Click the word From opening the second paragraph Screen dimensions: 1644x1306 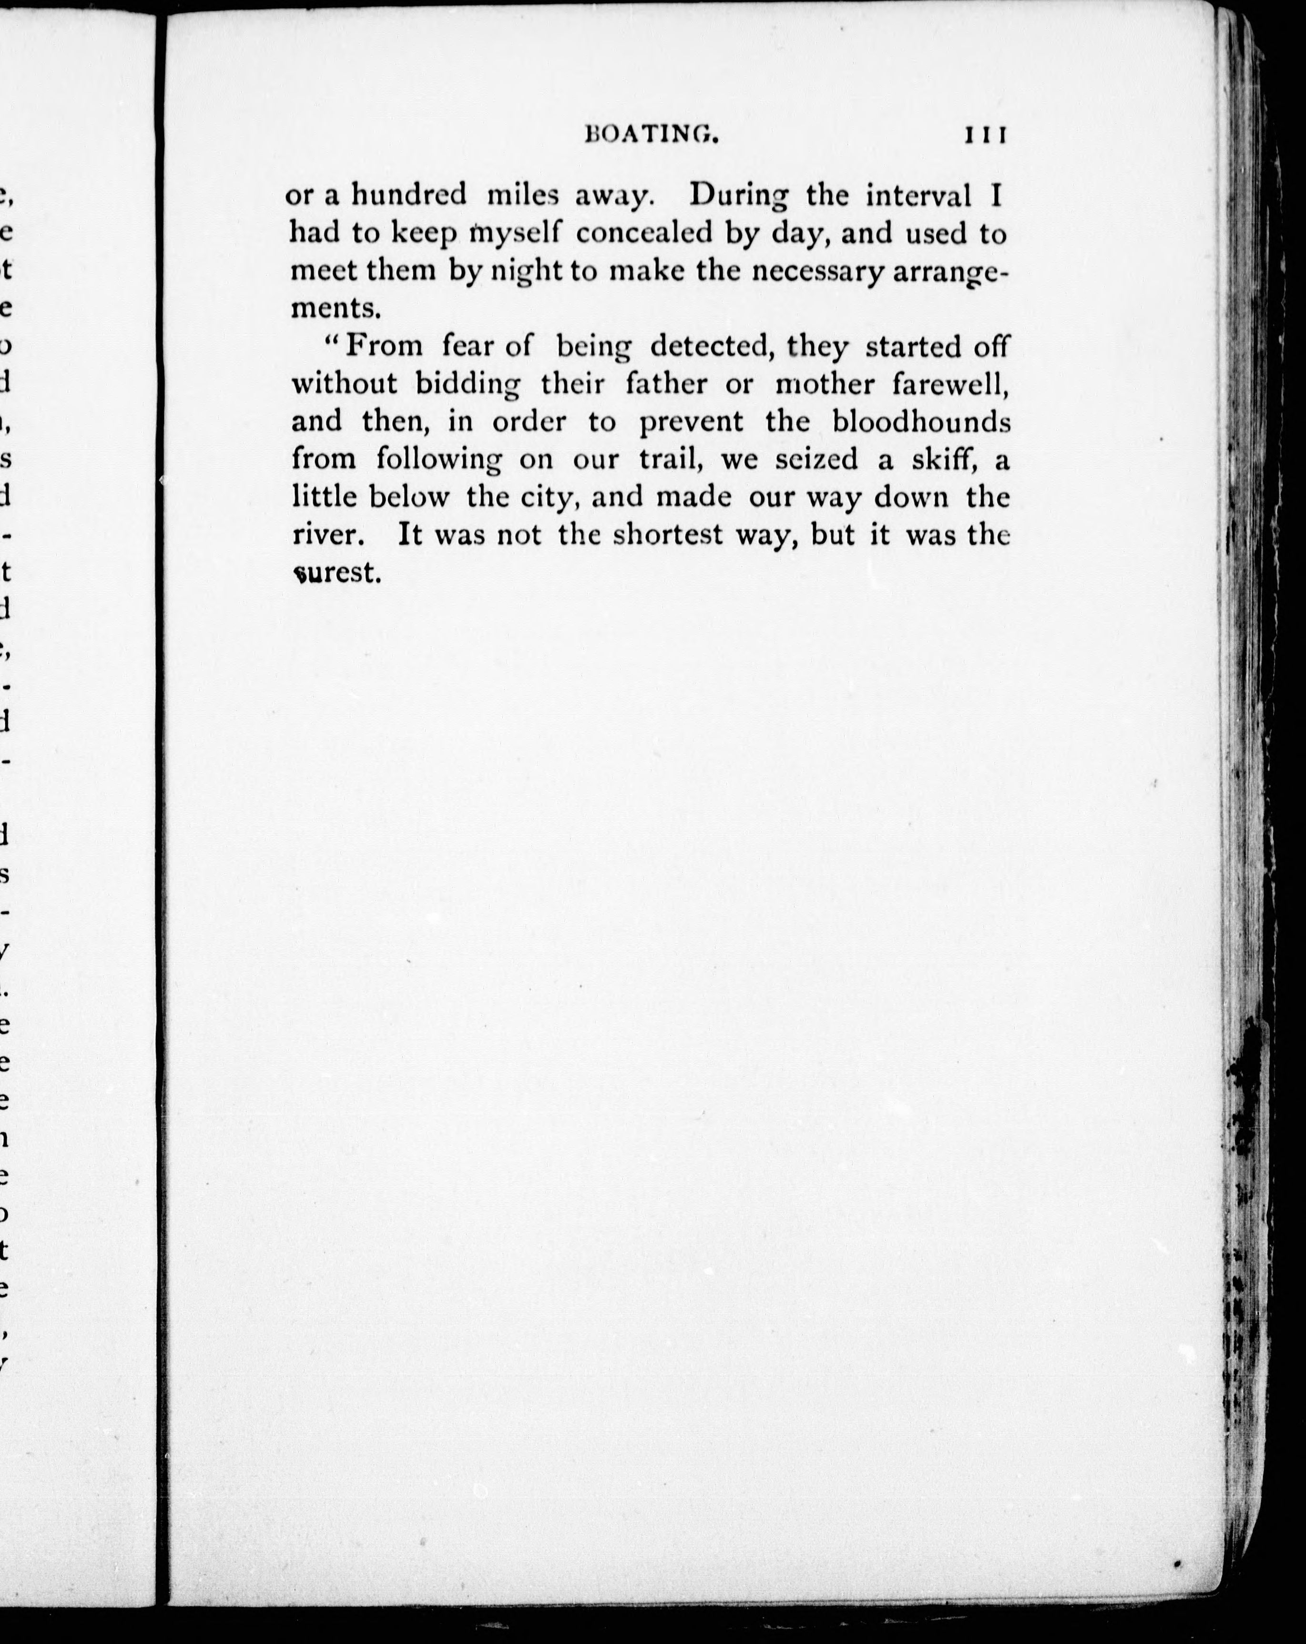coord(384,346)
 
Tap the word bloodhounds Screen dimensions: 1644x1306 coord(921,421)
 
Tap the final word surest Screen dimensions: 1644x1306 coord(336,573)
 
